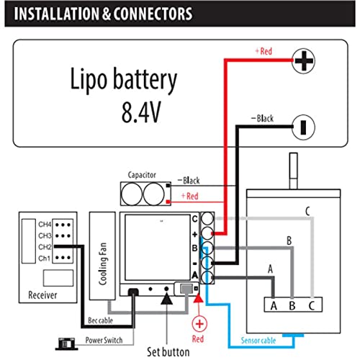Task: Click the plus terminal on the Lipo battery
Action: (304, 61)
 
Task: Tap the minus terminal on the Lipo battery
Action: (304, 127)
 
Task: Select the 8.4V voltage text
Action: (141, 112)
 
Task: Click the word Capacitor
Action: (142, 175)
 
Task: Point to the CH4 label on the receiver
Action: (45, 225)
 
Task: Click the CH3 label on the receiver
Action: (45, 235)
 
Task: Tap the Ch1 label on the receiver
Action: (45, 258)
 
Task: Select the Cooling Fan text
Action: (103, 264)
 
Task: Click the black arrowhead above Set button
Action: (166, 299)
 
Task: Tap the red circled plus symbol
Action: (199, 324)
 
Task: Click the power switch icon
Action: (66, 344)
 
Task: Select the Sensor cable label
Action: (258, 341)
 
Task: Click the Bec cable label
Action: (100, 320)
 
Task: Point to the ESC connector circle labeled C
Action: (207, 218)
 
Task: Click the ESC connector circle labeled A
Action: (207, 278)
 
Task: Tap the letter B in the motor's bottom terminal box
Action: (292, 306)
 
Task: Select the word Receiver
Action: (42, 295)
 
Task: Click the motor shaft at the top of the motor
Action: (294, 171)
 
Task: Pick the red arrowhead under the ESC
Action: (198, 298)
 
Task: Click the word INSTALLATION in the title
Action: (57, 14)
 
